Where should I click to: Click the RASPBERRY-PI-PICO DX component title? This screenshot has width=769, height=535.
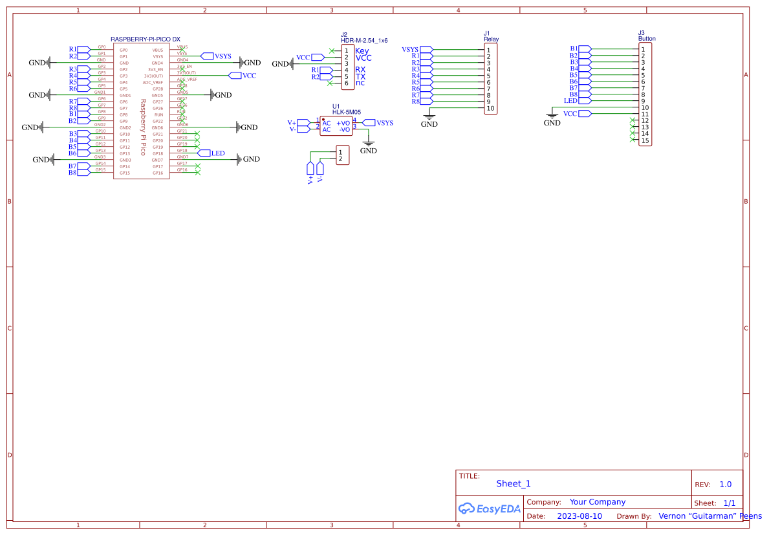[146, 39]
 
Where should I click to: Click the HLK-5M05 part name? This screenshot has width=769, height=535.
[346, 112]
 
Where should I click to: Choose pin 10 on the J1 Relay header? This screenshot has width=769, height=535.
[490, 108]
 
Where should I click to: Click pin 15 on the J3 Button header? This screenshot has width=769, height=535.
[645, 140]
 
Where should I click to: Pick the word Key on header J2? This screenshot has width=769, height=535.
[362, 50]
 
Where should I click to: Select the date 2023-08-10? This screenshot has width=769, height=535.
[579, 516]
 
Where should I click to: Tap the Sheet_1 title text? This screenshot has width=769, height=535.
[513, 483]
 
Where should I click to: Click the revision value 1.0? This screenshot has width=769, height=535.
[725, 485]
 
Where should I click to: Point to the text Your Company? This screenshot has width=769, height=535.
[597, 502]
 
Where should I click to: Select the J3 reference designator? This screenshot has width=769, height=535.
[641, 32]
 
